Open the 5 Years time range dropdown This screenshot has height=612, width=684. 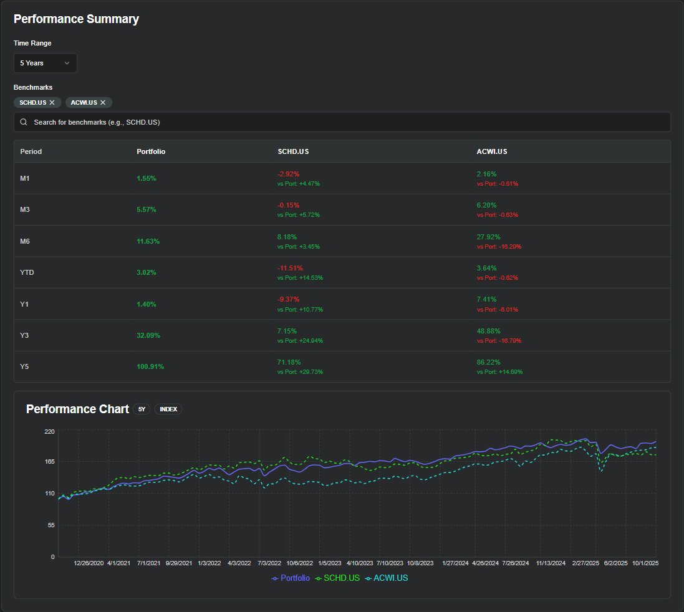pos(46,63)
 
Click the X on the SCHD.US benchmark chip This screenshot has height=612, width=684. pos(52,102)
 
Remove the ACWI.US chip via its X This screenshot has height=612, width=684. pos(103,102)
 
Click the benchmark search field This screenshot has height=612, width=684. pos(342,122)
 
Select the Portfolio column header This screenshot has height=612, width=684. pos(151,151)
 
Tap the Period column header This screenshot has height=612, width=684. pos(31,151)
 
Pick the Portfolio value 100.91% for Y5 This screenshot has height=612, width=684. pos(150,366)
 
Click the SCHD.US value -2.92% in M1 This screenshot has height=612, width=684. pos(288,174)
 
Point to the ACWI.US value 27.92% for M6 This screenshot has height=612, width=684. pos(489,237)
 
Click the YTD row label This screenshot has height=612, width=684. pos(27,272)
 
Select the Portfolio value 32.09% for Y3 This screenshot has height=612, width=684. pos(148,335)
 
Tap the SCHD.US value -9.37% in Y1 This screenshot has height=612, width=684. pos(288,300)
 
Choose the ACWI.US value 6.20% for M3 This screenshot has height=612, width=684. pos(487,205)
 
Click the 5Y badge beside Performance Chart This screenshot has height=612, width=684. pos(142,409)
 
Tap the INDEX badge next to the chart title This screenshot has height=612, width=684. pos(168,409)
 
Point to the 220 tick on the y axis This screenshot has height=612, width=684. pos(49,431)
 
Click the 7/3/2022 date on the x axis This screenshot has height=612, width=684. pos(269,563)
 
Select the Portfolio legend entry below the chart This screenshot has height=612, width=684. pos(291,578)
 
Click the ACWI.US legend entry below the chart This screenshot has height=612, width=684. pos(387,578)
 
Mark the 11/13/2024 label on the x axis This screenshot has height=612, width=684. pos(551,563)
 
